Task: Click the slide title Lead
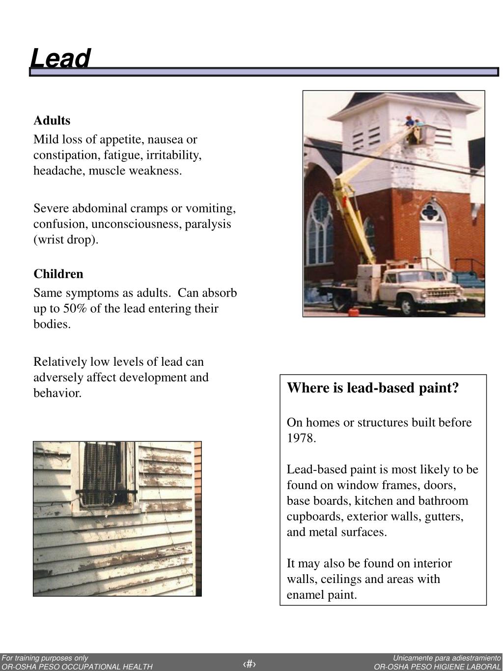[60, 58]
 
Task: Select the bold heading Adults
[52, 120]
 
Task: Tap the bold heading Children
[58, 274]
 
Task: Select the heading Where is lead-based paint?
[372, 388]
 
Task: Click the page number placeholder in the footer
[250, 664]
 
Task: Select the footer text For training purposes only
[45, 658]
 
